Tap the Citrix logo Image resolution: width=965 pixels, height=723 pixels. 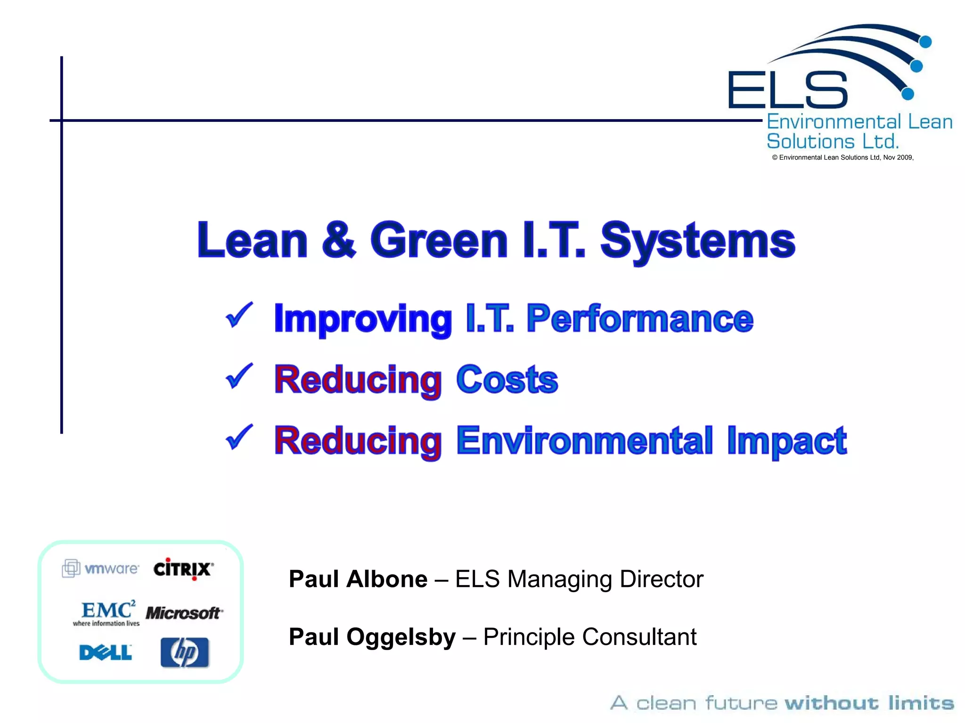click(x=183, y=569)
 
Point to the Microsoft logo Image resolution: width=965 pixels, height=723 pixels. click(x=184, y=613)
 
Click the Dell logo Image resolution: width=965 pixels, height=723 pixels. click(x=106, y=652)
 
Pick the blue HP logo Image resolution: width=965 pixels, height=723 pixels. click(x=185, y=652)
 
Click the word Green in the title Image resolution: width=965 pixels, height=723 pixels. click(x=439, y=241)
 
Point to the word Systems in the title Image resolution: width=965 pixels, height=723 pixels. click(x=698, y=241)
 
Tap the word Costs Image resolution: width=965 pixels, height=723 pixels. click(x=507, y=379)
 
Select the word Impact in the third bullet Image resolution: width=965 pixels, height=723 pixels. click(x=786, y=441)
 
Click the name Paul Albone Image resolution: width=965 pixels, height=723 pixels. click(x=358, y=579)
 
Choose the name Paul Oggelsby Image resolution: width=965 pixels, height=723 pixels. click(x=372, y=637)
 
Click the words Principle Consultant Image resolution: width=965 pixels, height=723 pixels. click(x=589, y=637)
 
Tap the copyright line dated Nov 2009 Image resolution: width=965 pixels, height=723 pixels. click(x=842, y=158)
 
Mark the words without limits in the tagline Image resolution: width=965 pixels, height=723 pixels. click(x=869, y=703)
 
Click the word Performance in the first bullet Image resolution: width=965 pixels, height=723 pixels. click(x=639, y=319)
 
